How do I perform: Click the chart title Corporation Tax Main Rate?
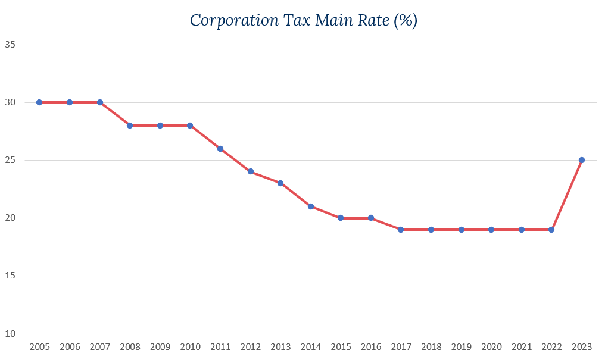point(304,20)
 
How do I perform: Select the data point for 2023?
point(582,160)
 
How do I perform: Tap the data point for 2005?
point(39,102)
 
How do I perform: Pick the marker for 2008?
point(130,126)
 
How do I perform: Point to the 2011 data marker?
point(220,149)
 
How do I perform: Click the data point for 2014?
point(311,206)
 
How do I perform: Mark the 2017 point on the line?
point(401,230)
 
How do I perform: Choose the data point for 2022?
point(551,230)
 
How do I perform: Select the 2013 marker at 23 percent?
point(280,183)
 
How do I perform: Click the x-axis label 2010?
point(190,347)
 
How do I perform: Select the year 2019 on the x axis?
point(461,347)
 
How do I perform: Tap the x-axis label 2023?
point(582,347)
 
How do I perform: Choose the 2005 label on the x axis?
point(39,347)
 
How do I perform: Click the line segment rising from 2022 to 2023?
point(566,195)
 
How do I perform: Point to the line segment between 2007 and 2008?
point(115,114)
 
